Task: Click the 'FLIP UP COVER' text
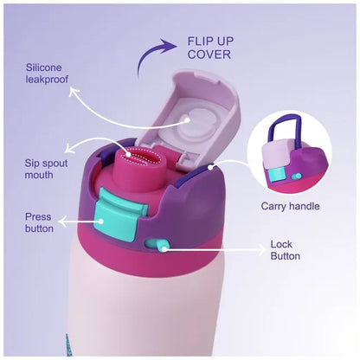210,48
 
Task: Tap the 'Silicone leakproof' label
47,74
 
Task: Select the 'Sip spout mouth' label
46,169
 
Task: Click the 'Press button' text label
39,222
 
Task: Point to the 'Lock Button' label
285,250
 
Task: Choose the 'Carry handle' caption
290,206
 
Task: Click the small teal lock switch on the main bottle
156,245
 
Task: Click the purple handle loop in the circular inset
284,128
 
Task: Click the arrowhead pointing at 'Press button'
62,222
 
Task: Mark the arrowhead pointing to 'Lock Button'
263,250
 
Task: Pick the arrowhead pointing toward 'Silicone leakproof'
74,92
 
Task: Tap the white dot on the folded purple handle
211,167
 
